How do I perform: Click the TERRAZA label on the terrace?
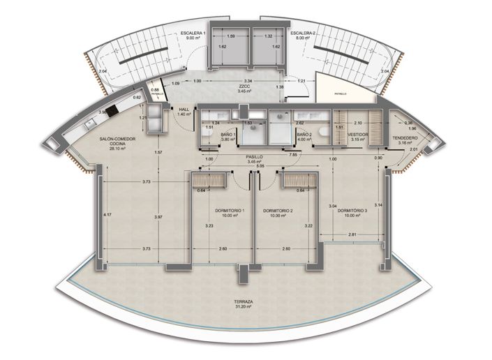[x=244, y=302]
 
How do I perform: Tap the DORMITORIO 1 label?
[x=228, y=210]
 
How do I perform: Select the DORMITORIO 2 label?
[x=277, y=210]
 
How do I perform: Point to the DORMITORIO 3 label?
[x=352, y=210]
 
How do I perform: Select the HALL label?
[x=184, y=110]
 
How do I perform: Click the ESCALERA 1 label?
[x=192, y=33]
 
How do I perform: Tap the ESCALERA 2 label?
[x=304, y=33]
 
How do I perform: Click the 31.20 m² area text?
[x=244, y=308]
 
